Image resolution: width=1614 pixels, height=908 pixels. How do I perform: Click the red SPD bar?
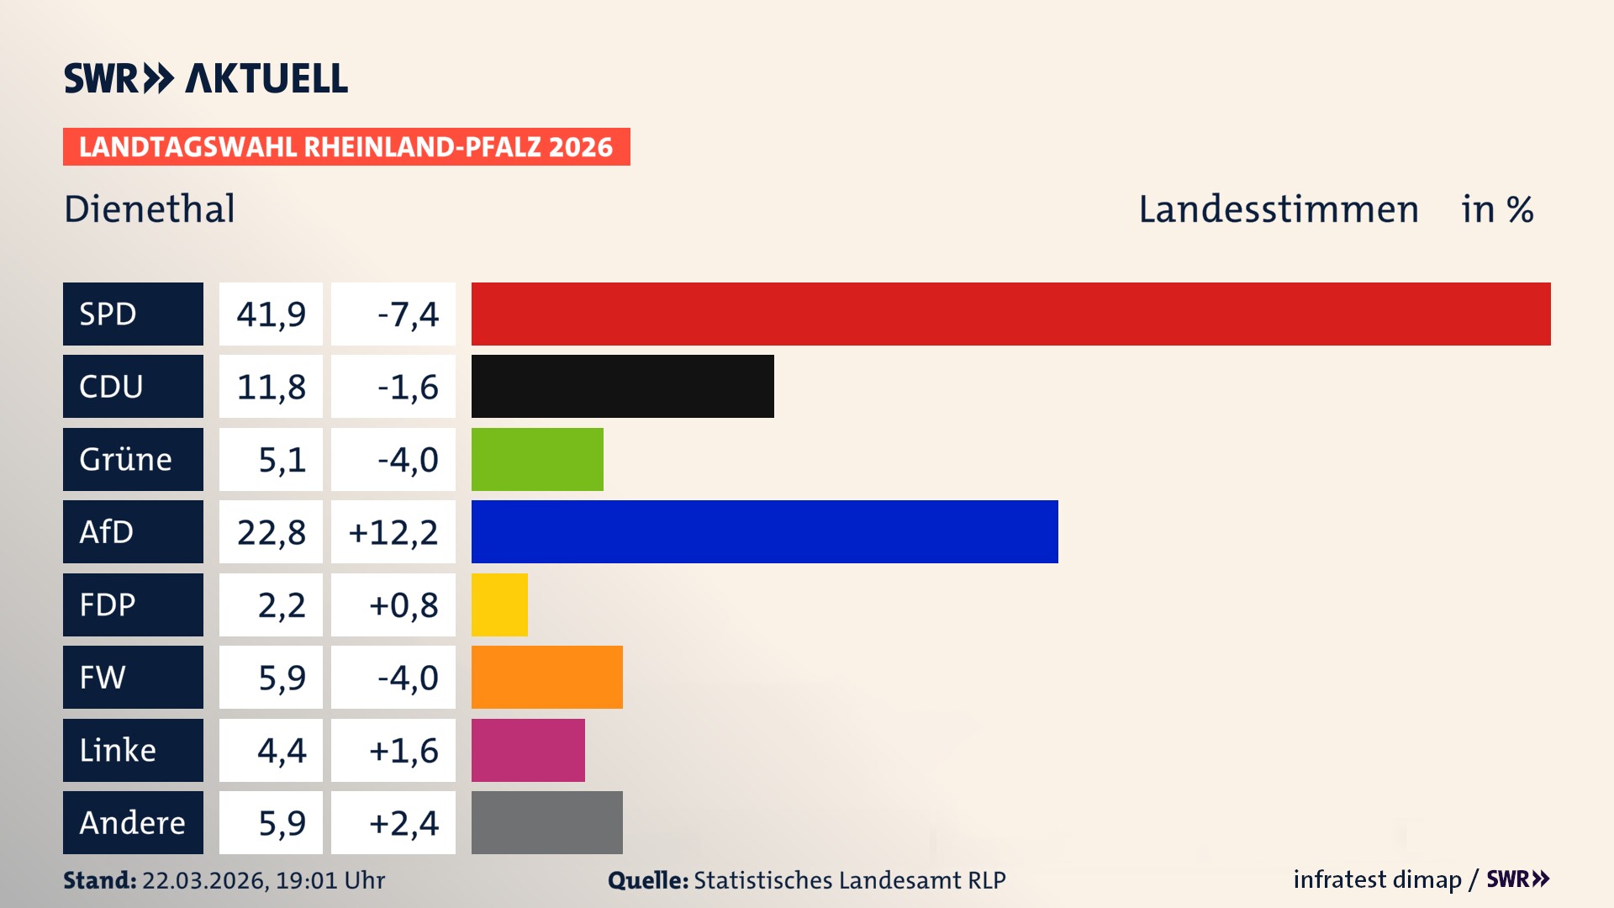pyautogui.click(x=1010, y=314)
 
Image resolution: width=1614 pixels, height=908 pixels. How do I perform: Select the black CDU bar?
pyautogui.click(x=622, y=387)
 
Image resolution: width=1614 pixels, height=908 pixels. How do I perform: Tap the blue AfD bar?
pyautogui.click(x=764, y=532)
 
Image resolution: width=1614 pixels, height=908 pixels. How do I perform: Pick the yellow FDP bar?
pyautogui.click(x=499, y=604)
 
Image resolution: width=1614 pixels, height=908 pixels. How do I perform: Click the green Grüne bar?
pyautogui.click(x=537, y=459)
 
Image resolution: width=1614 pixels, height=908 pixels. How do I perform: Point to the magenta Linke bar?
pyautogui.click(x=528, y=750)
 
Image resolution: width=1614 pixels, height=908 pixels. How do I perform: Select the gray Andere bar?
pyautogui.click(x=546, y=822)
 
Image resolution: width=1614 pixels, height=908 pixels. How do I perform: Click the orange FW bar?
pyautogui.click(x=546, y=677)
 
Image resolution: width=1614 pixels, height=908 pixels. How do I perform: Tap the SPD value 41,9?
pyautogui.click(x=271, y=314)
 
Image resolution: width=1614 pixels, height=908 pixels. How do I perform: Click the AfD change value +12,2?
pyautogui.click(x=393, y=532)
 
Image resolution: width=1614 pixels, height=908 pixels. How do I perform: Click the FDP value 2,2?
pyautogui.click(x=281, y=605)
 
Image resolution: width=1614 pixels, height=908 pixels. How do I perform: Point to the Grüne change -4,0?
pyautogui.click(x=408, y=460)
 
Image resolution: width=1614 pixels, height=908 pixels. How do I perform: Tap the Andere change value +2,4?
pyautogui.click(x=403, y=823)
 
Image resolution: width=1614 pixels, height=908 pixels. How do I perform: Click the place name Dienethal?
pyautogui.click(x=150, y=209)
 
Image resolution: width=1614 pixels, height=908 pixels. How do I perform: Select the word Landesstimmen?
pyautogui.click(x=1278, y=209)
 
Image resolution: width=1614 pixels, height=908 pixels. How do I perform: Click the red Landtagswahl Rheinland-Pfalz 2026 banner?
pyautogui.click(x=346, y=147)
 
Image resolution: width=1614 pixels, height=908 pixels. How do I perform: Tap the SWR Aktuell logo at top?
pyautogui.click(x=206, y=78)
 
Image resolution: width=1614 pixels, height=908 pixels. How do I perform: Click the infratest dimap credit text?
pyautogui.click(x=1376, y=879)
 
